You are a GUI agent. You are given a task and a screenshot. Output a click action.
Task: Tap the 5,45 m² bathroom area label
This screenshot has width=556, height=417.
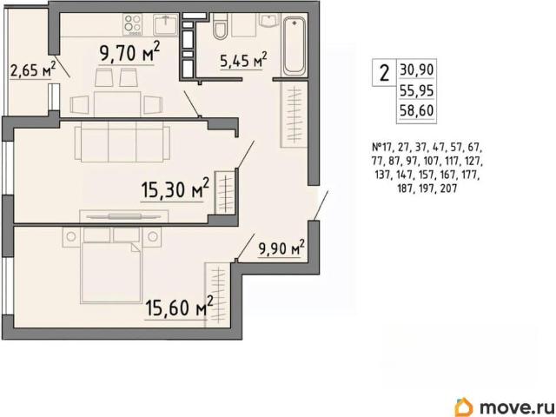coord(243,60)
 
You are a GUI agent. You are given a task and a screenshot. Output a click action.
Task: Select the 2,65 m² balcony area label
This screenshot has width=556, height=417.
coord(33,69)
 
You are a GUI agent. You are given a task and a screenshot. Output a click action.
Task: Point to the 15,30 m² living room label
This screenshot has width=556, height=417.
coord(175,189)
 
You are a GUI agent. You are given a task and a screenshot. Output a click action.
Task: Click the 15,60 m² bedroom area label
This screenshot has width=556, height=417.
coord(180,307)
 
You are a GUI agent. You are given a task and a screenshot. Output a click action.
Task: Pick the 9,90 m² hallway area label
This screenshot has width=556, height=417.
coord(281,248)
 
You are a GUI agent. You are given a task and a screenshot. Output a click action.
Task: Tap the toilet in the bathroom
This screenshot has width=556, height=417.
coord(220,26)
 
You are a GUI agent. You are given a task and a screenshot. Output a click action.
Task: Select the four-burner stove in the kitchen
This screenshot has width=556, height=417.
coord(133,24)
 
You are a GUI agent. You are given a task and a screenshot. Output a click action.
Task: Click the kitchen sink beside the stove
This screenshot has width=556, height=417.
coord(166,25)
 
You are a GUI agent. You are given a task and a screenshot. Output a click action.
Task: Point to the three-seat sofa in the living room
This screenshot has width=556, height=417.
coord(122,142)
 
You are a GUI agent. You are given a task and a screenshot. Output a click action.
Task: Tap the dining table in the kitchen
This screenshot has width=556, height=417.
coord(116,104)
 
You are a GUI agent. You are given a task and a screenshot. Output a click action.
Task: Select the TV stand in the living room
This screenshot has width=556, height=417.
coord(124,216)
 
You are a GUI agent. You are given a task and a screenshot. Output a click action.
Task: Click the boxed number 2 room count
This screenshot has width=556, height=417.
coord(384,73)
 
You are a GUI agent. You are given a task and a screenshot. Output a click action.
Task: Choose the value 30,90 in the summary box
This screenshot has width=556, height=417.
coord(417,69)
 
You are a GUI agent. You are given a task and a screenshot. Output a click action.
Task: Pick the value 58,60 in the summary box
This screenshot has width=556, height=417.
coord(417,110)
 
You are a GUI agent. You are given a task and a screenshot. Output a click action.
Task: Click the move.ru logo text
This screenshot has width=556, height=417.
coord(516,407)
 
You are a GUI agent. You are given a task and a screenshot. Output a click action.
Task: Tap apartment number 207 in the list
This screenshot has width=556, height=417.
coord(448,189)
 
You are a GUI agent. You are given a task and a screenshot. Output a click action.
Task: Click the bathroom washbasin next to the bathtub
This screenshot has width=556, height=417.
coord(269,20)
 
